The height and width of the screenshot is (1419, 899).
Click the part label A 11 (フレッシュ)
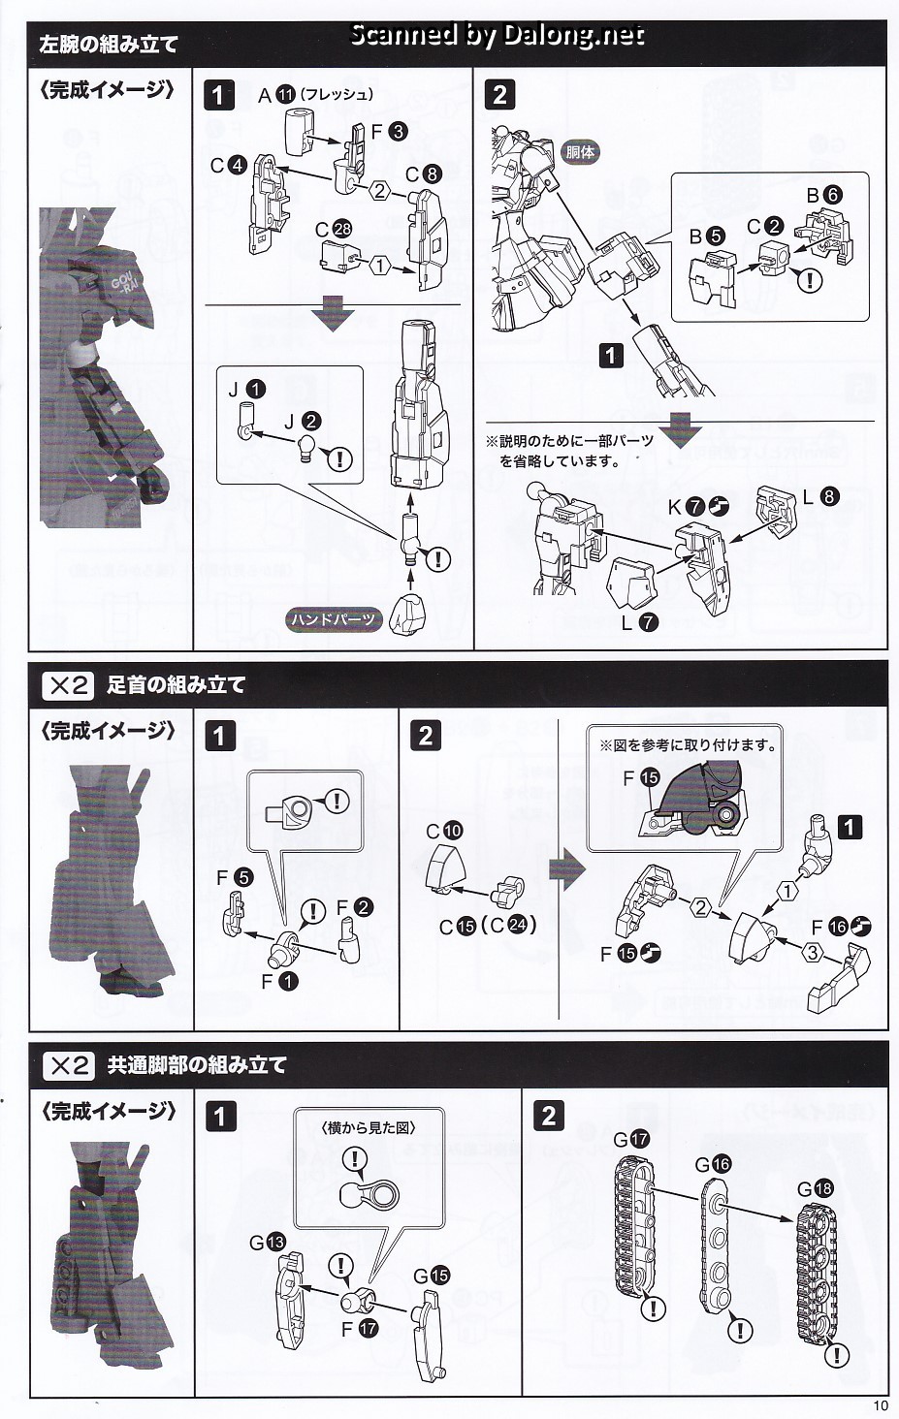pos(315,95)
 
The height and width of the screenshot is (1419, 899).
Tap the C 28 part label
pos(334,230)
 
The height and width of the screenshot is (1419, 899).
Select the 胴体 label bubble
pos(580,151)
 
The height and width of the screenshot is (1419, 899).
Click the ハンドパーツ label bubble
pos(333,618)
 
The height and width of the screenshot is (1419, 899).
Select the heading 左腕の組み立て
pos(109,45)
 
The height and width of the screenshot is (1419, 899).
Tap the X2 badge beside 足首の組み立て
pos(68,685)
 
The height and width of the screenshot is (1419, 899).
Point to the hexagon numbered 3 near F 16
pos(813,953)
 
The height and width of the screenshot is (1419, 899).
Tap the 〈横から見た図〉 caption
pos(368,1127)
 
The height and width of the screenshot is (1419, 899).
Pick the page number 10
pos(880,1406)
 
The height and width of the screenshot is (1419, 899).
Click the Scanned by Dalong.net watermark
pos(497,36)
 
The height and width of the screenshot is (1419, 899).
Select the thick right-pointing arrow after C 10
pos(566,870)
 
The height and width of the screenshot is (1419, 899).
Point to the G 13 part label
pos(267,1242)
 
